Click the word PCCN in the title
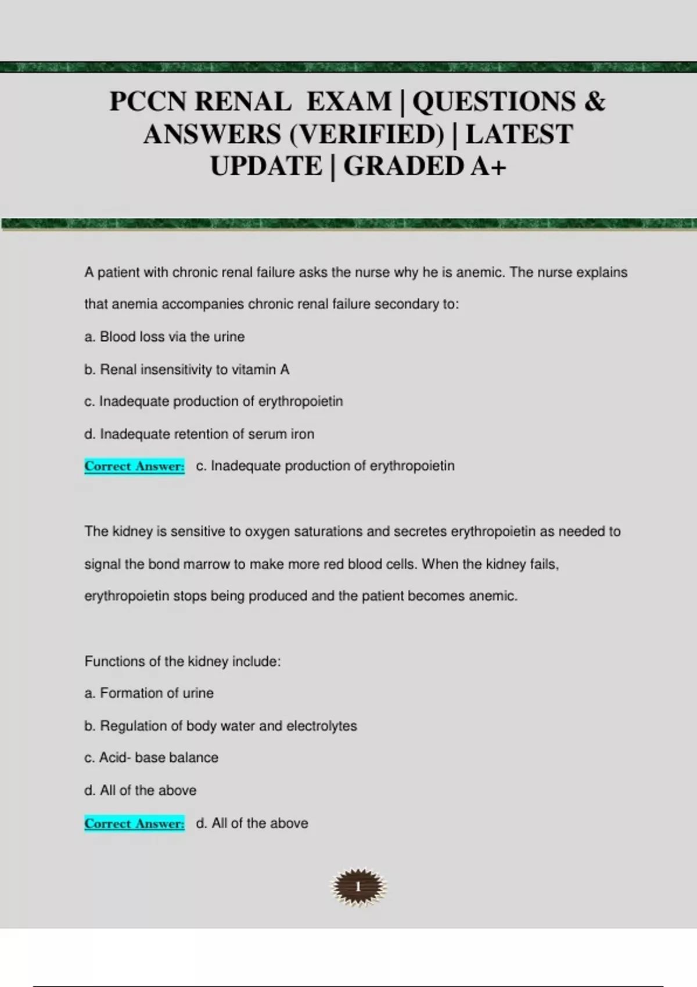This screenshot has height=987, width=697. point(148,102)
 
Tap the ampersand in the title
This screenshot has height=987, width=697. point(594,102)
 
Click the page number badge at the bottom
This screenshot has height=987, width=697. point(358,887)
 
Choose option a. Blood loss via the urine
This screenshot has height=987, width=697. point(164,337)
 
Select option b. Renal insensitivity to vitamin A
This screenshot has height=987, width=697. point(186,369)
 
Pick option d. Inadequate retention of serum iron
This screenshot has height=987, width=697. point(199,434)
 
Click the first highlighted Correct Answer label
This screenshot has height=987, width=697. point(135,466)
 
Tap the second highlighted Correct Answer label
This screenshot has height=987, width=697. point(135,823)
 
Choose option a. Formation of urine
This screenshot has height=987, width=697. point(149,693)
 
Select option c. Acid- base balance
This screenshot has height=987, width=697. point(151,758)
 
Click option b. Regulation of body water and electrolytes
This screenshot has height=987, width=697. point(221,726)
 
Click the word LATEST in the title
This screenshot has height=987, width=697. point(519,134)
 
